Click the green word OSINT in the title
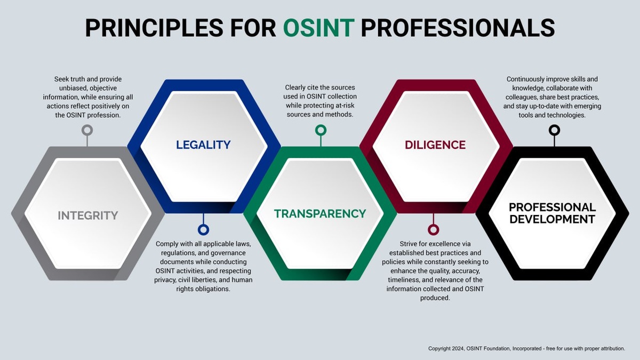click(319, 28)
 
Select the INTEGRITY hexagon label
click(87, 215)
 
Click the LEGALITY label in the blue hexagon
click(203, 145)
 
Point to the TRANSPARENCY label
click(320, 214)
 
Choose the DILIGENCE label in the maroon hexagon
click(435, 145)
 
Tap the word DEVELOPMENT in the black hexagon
click(552, 219)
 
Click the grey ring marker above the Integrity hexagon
click(87, 130)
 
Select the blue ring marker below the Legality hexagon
click(203, 230)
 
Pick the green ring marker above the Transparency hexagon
click(321, 130)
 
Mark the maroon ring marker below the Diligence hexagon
click(434, 230)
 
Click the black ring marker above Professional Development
click(554, 130)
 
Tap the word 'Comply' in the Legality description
click(167, 244)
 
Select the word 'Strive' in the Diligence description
click(410, 244)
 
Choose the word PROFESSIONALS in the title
click(458, 28)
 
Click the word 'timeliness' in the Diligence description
click(403, 280)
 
